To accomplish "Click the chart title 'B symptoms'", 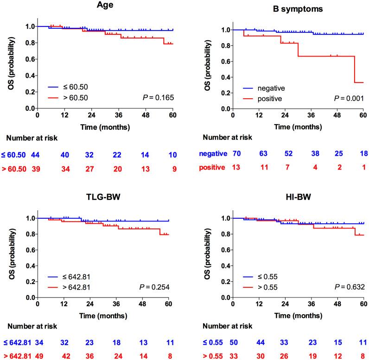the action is coord(298,9).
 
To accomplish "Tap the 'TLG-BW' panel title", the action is coord(103,196).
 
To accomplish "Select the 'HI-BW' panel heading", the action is coord(298,196).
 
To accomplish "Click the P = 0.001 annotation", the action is coord(349,98).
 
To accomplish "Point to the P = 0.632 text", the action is coord(350,287).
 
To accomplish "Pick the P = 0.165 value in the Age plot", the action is coord(159,97).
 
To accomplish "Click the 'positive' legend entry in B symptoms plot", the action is coord(270,99).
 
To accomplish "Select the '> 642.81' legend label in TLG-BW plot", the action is coord(76,287).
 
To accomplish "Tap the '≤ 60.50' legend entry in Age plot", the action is coord(76,87).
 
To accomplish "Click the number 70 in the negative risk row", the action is coord(237,153).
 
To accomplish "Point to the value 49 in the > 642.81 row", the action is coord(39,356).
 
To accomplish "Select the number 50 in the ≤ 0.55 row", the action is coord(234,342).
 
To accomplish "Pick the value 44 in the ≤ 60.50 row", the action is coord(35,155).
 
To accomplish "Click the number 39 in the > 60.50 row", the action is coord(36,169).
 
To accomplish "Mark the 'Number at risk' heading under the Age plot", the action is coord(32,138).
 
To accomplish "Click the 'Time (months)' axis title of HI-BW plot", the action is coord(298,316).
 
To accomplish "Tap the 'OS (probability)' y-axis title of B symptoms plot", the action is coord(207,65).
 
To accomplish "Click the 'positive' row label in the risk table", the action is coord(212,167).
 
